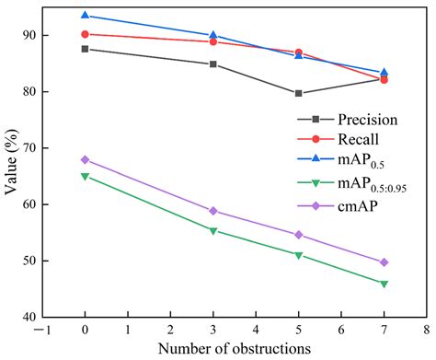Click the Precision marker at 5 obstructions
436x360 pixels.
(299, 93)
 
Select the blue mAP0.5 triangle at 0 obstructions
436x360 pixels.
(85, 16)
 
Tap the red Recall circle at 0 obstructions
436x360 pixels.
(85, 34)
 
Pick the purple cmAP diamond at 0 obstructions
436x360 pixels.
(85, 159)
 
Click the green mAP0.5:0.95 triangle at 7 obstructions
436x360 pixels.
(384, 284)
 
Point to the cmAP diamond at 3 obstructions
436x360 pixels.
(213, 211)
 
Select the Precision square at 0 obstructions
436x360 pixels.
(85, 49)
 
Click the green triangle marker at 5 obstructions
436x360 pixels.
(299, 255)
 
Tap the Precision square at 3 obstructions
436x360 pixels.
(213, 64)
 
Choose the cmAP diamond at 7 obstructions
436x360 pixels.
(384, 262)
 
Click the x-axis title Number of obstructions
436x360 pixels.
(235, 348)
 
